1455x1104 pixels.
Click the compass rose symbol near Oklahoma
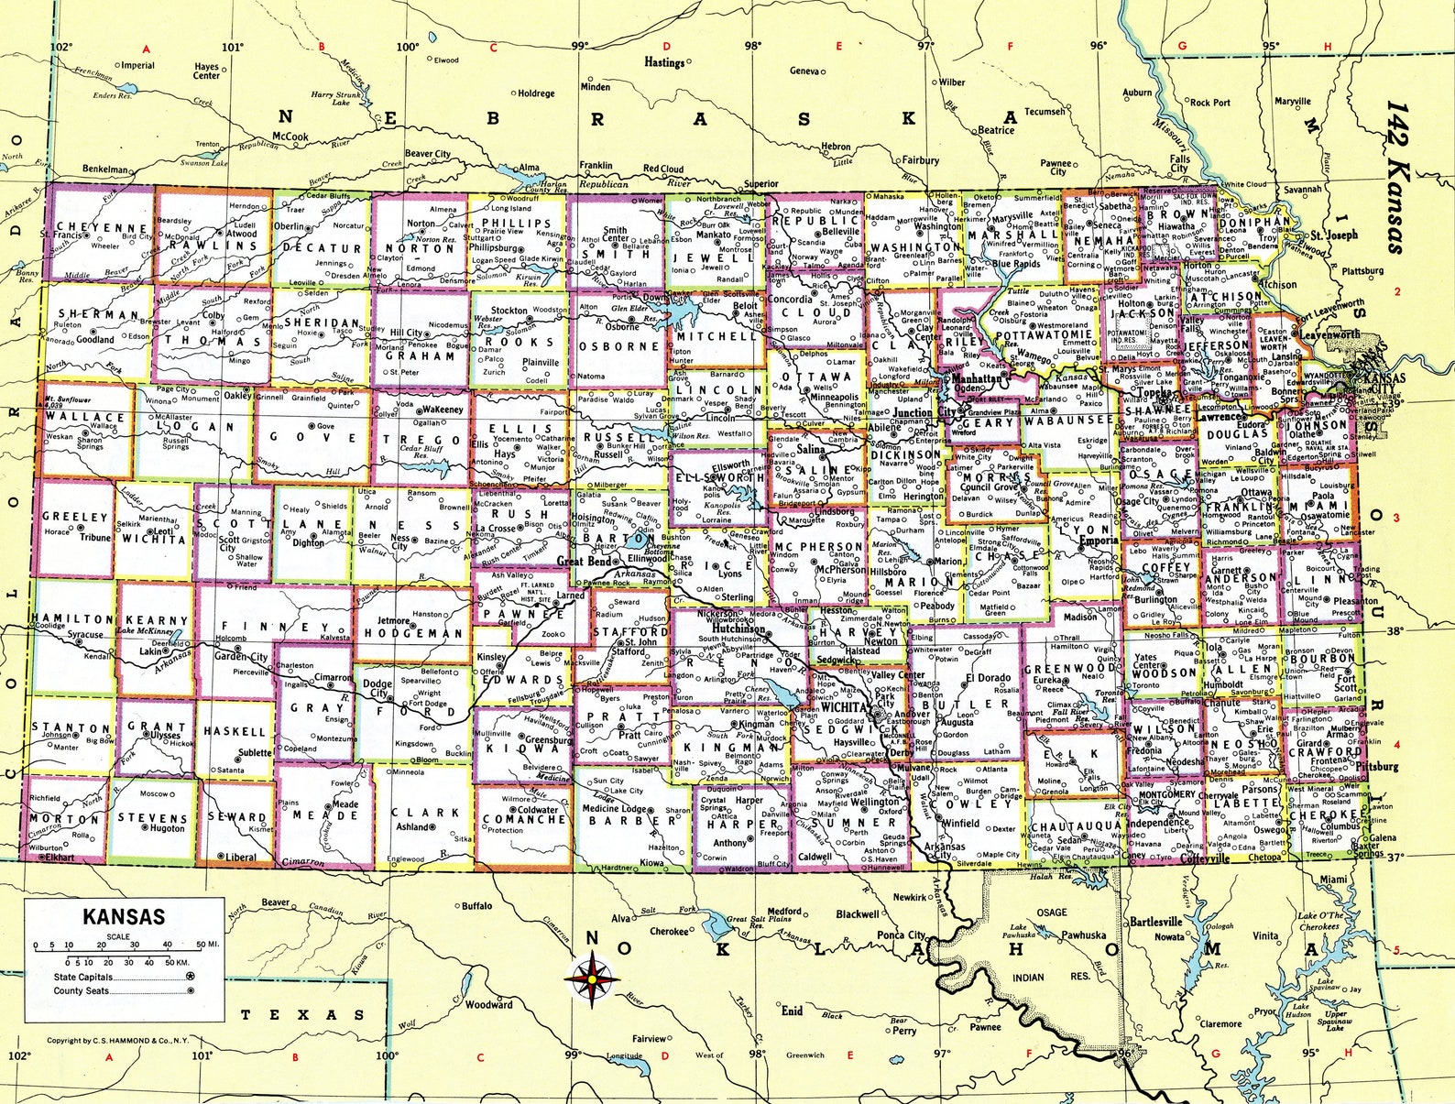pos(592,978)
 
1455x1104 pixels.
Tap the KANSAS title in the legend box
pos(124,916)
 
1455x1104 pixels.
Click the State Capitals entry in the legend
pos(83,977)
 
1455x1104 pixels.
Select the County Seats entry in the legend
pos(81,990)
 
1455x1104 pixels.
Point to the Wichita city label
pos(844,707)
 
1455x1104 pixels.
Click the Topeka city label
pos(1155,393)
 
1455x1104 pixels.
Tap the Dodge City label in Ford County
pos(377,689)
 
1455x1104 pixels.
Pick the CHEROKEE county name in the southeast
pos(1325,814)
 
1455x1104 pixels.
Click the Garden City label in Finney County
pos(241,656)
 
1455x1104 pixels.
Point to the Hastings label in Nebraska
pos(664,62)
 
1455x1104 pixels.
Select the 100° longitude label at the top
pos(407,47)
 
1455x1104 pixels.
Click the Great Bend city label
pos(583,561)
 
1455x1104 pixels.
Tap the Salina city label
pos(811,450)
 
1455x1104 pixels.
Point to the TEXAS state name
pos(301,1014)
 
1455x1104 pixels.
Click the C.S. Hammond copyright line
pos(117,1040)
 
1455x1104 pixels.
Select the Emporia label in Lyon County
pos(1099,541)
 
